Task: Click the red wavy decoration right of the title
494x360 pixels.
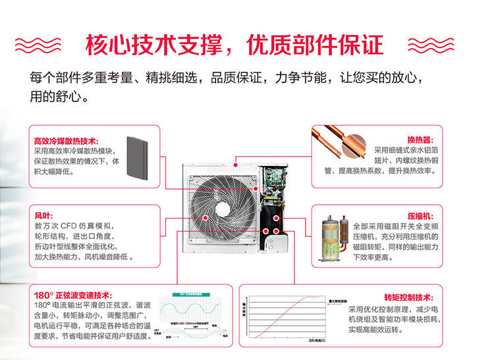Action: (431, 44)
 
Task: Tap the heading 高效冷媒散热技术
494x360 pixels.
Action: (65, 141)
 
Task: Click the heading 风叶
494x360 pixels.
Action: (43, 215)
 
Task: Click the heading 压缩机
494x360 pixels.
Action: (419, 215)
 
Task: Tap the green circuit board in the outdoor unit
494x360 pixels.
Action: (275, 177)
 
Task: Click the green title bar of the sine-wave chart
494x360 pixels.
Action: (196, 295)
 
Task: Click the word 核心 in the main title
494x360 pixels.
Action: (108, 44)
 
